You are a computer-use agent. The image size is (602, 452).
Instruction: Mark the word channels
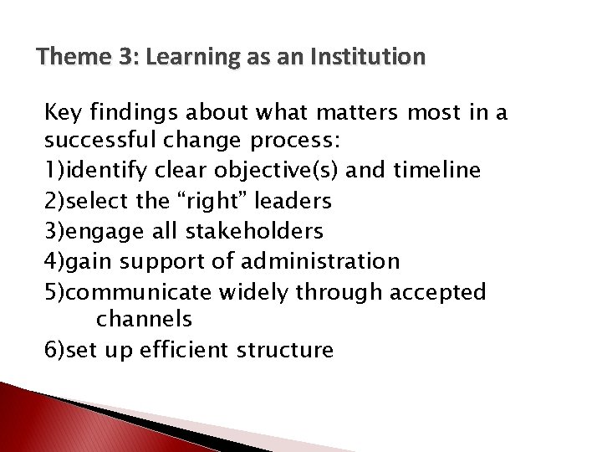[145, 319]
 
